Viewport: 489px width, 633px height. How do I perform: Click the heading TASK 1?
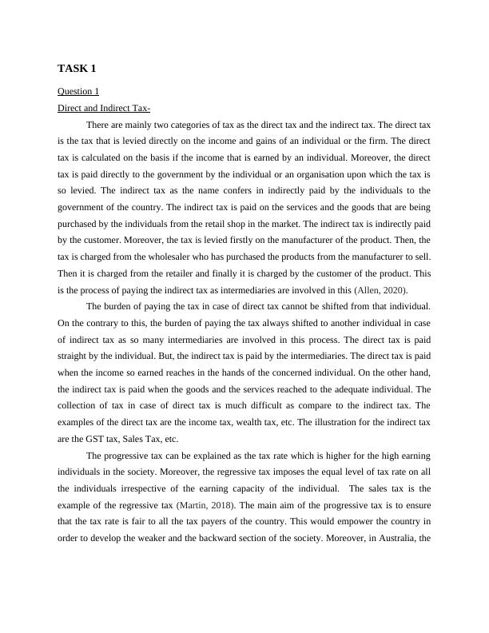[x=78, y=69]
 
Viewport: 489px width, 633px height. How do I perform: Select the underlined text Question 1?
[x=78, y=91]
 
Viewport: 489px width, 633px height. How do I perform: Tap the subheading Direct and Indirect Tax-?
[x=104, y=108]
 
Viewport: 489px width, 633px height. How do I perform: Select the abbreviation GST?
[x=96, y=439]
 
